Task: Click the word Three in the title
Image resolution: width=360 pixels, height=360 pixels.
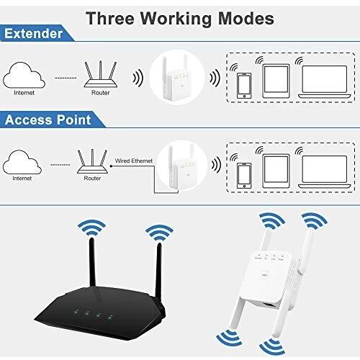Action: [110, 18]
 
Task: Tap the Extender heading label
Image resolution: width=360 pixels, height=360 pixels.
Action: [33, 33]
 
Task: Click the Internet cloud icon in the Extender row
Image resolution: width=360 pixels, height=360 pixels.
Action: [24, 75]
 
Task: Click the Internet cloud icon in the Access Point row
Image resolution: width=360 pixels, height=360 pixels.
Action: [22, 162]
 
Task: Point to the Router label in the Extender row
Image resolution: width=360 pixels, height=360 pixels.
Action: [100, 93]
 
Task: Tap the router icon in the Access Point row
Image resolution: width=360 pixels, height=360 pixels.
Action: [92, 161]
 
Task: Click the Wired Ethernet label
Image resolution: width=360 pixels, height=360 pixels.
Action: [134, 161]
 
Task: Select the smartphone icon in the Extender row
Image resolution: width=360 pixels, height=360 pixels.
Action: [244, 86]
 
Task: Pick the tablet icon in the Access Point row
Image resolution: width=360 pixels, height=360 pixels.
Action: [276, 171]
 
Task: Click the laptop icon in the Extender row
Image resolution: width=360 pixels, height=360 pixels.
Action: [325, 81]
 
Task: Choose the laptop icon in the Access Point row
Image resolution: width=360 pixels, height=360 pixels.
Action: [325, 172]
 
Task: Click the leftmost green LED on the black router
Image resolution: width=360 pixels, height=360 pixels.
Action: [76, 312]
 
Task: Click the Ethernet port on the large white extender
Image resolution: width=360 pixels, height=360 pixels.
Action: [269, 305]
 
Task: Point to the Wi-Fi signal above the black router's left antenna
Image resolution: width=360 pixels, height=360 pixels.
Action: [92, 228]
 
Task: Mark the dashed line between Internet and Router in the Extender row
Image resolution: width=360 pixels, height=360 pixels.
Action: [66, 78]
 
